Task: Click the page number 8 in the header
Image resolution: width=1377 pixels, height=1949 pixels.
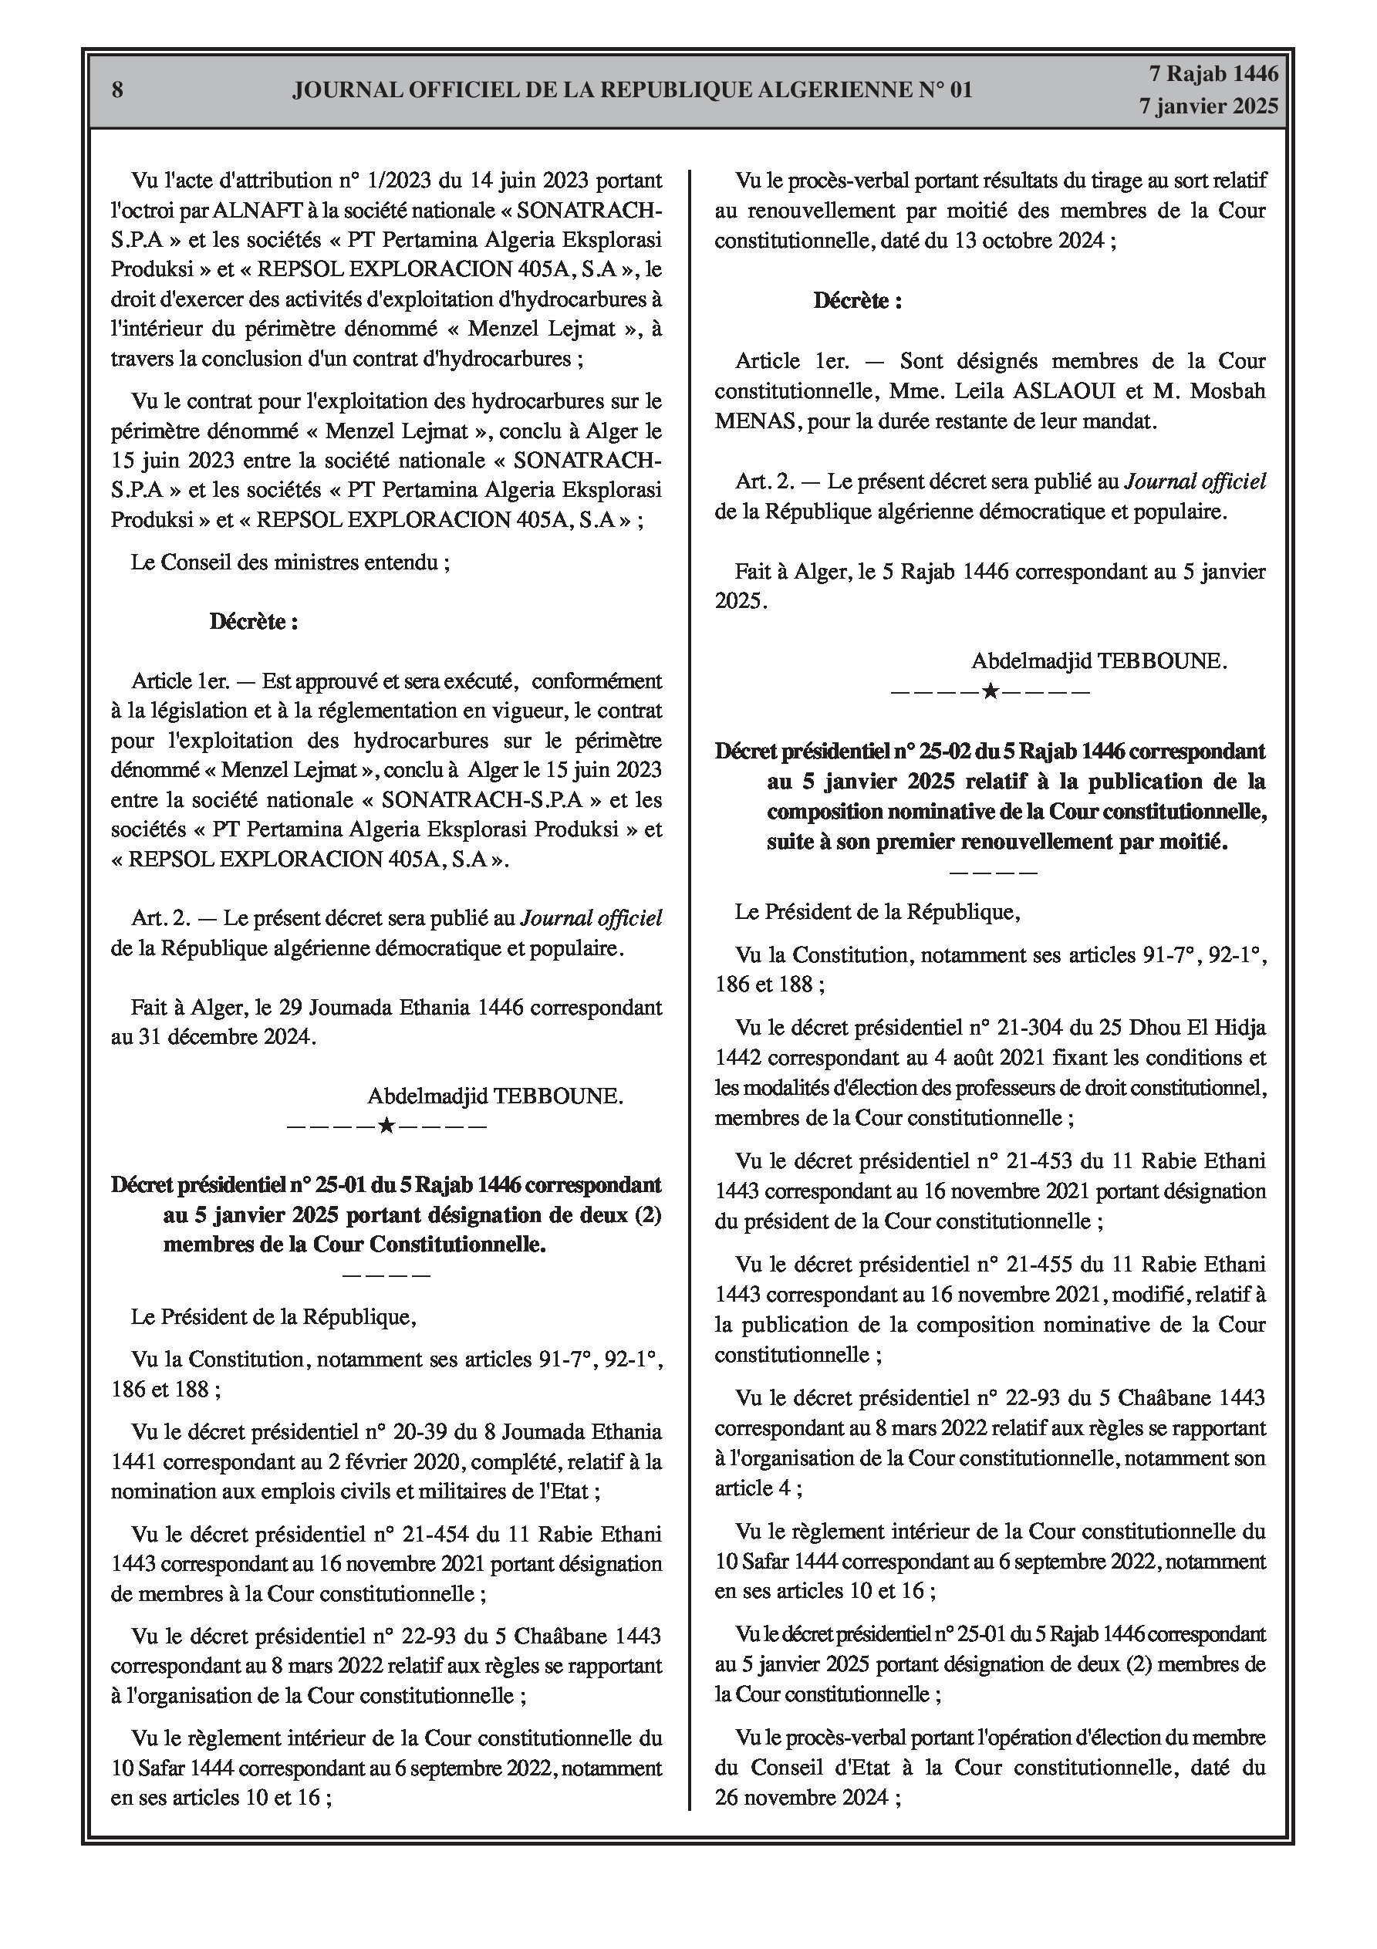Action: [117, 90]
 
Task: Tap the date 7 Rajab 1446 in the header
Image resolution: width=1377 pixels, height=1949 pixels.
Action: [1213, 74]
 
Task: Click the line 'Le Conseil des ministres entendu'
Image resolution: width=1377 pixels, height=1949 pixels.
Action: [289, 562]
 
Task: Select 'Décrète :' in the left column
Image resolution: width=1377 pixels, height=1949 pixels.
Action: [253, 621]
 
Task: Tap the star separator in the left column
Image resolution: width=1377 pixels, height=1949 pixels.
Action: [386, 1127]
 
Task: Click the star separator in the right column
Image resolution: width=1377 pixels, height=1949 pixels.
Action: [990, 691]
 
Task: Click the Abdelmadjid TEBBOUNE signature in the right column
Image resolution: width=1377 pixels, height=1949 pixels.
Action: [1099, 661]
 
